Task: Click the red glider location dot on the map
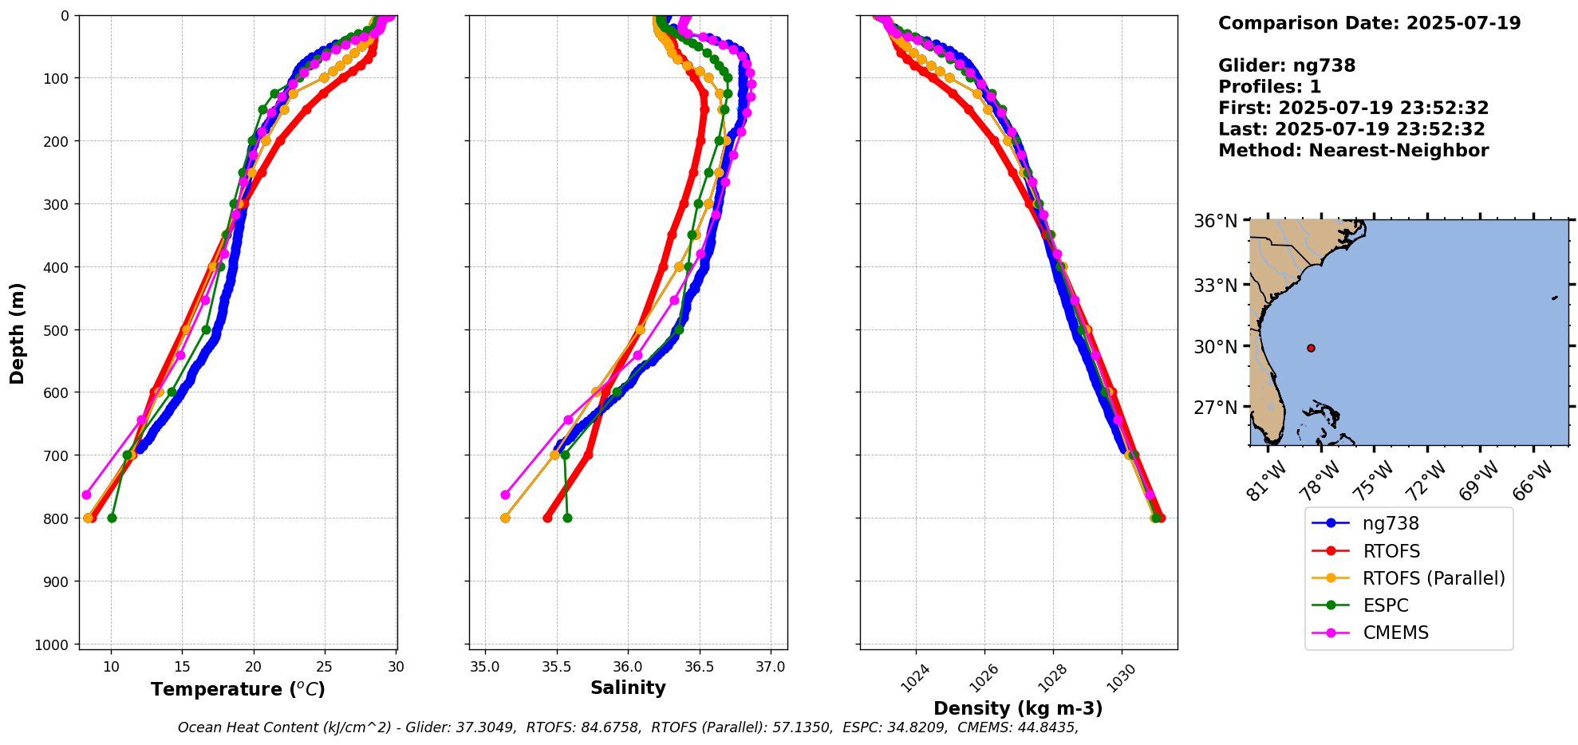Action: pyautogui.click(x=1311, y=348)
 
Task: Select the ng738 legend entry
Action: pyautogui.click(x=1391, y=524)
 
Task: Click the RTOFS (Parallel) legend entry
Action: pyautogui.click(x=1434, y=578)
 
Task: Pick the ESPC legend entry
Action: pyautogui.click(x=1385, y=605)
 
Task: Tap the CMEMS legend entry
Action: pyautogui.click(x=1395, y=633)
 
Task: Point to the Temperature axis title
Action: pyautogui.click(x=238, y=689)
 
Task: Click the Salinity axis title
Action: pyautogui.click(x=628, y=688)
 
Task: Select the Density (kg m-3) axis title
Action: pyautogui.click(x=1018, y=708)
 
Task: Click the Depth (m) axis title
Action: pyautogui.click(x=18, y=333)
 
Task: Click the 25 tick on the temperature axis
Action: pyautogui.click(x=325, y=667)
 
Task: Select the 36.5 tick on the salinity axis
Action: pyautogui.click(x=699, y=667)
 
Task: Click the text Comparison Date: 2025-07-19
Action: pyautogui.click(x=1369, y=23)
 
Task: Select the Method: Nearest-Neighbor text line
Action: pyautogui.click(x=1353, y=151)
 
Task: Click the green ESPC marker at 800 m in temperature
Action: pyautogui.click(x=112, y=518)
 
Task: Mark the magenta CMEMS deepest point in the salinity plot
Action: pyautogui.click(x=505, y=495)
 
